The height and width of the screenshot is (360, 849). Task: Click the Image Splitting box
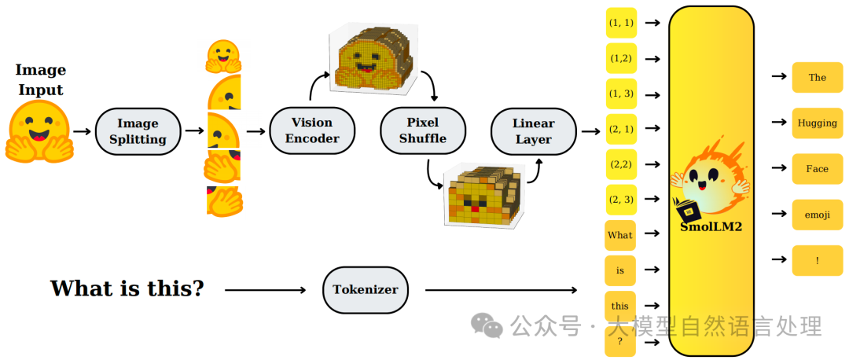[138, 131]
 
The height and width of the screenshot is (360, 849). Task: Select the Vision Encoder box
[312, 130]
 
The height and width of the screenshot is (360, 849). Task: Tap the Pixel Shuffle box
[423, 130]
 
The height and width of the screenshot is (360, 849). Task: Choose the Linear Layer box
[533, 131]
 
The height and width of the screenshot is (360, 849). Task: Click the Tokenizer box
[365, 289]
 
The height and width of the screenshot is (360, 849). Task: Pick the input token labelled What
[620, 236]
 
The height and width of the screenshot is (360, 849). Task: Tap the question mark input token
[620, 342]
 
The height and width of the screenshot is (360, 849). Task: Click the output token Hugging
[817, 123]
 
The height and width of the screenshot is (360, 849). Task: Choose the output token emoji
[817, 215]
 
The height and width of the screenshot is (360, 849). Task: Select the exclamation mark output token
[817, 260]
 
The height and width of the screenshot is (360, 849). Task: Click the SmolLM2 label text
[711, 227]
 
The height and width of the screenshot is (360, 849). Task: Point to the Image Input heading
[41, 79]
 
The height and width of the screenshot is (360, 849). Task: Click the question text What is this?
[127, 288]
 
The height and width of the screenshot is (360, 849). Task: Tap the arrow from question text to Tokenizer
[266, 290]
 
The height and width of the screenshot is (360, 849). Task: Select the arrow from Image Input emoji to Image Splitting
[83, 131]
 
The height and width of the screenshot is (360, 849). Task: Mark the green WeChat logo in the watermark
[487, 325]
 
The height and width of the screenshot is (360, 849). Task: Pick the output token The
[817, 77]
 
